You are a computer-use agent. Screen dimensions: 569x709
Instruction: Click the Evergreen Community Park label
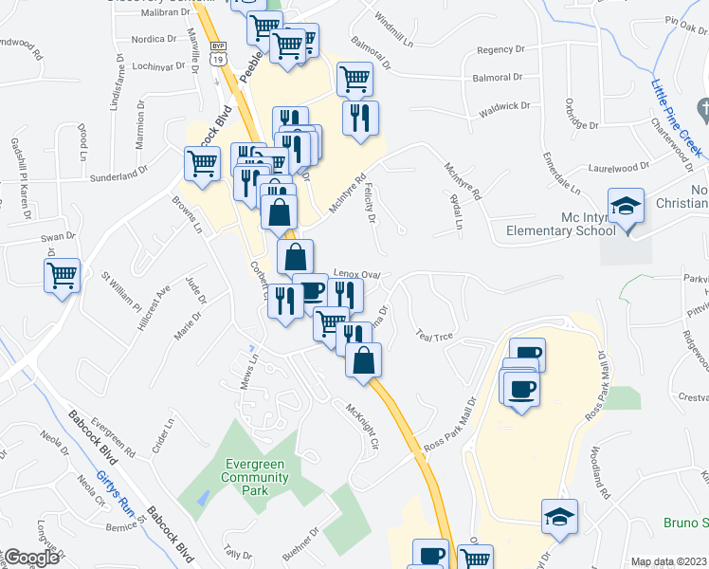256,469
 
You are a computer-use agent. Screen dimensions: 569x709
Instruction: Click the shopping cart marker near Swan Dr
63,277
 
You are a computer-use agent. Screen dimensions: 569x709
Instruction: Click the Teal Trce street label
436,336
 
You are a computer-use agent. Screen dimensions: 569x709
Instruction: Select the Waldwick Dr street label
501,107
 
